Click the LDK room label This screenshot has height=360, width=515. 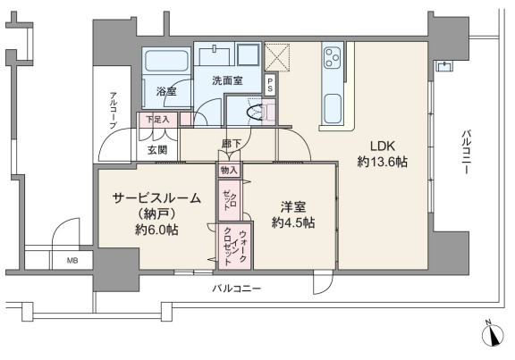point(383,146)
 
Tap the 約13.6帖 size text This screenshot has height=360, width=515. point(383,162)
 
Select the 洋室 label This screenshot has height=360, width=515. point(293,207)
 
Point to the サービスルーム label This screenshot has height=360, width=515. point(156,198)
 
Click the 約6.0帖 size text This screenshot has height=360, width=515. point(156,230)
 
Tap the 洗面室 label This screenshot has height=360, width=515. point(227,80)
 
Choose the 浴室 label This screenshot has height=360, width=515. point(166,91)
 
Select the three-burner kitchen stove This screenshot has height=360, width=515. point(333,57)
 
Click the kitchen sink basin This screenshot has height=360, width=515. point(333,109)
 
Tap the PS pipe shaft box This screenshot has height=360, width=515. point(270,85)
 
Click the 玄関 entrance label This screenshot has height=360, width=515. point(157,150)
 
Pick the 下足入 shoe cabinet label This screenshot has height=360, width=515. point(157,119)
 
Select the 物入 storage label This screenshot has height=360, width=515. point(229,171)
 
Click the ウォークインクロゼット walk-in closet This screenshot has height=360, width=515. point(234,247)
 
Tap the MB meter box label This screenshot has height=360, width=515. point(72,261)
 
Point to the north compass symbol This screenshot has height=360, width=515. point(493,335)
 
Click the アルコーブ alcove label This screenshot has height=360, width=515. point(114,110)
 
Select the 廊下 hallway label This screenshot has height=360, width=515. point(231,144)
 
